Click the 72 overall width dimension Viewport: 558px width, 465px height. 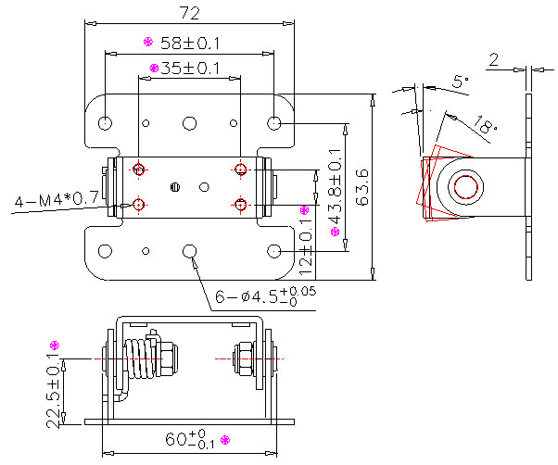(x=189, y=13)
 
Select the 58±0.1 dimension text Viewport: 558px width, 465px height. (x=190, y=43)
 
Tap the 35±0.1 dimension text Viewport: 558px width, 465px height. (x=191, y=68)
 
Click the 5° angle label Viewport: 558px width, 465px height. (x=461, y=82)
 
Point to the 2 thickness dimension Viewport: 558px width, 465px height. (x=494, y=60)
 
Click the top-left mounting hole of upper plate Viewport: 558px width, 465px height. (x=106, y=122)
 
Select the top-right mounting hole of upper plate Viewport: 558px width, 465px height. (x=274, y=122)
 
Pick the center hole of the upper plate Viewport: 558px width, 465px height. (x=190, y=122)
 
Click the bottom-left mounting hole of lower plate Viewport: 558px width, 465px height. (x=106, y=250)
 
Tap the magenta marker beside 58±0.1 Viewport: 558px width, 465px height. (x=146, y=42)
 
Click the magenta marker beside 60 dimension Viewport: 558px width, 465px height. (x=224, y=439)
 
